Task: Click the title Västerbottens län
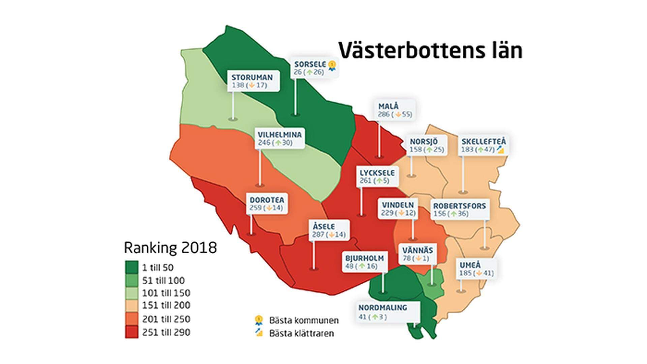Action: [430, 51]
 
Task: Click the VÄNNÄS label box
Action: [418, 254]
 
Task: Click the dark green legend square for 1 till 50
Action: [131, 267]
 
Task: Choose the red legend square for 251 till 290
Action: [131, 332]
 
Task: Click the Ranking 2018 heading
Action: [170, 248]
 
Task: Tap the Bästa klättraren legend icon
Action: [259, 333]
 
